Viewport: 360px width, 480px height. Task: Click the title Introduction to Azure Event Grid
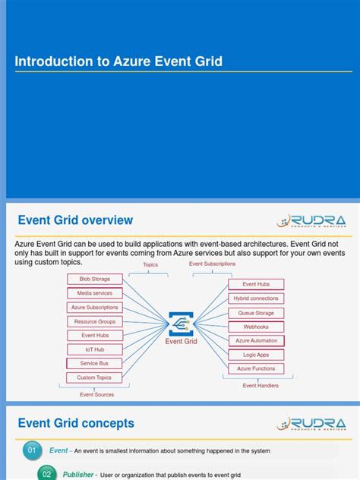(x=118, y=62)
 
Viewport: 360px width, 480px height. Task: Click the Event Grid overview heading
(x=75, y=220)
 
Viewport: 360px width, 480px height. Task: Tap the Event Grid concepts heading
(x=76, y=423)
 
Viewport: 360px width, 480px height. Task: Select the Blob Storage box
(x=94, y=279)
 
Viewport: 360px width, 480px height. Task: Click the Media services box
(x=94, y=293)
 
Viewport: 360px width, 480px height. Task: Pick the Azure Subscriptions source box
(x=94, y=308)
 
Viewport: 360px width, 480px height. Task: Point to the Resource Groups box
(x=94, y=321)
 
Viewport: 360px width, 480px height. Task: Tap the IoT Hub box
(x=94, y=349)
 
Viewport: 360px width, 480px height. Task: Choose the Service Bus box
(x=94, y=363)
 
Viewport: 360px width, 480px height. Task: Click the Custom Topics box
(x=94, y=377)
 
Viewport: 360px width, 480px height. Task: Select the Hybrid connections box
(x=256, y=298)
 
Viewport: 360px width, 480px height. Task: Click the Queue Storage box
(x=256, y=313)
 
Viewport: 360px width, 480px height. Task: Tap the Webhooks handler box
(x=256, y=327)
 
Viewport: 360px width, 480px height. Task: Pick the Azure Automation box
(x=256, y=341)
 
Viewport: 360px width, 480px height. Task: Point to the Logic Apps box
(x=256, y=355)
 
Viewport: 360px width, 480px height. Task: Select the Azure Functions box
(x=256, y=368)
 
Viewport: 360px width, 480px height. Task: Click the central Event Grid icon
(x=181, y=323)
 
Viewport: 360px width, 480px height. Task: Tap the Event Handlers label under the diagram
(x=261, y=386)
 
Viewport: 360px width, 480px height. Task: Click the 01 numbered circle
(x=32, y=450)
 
